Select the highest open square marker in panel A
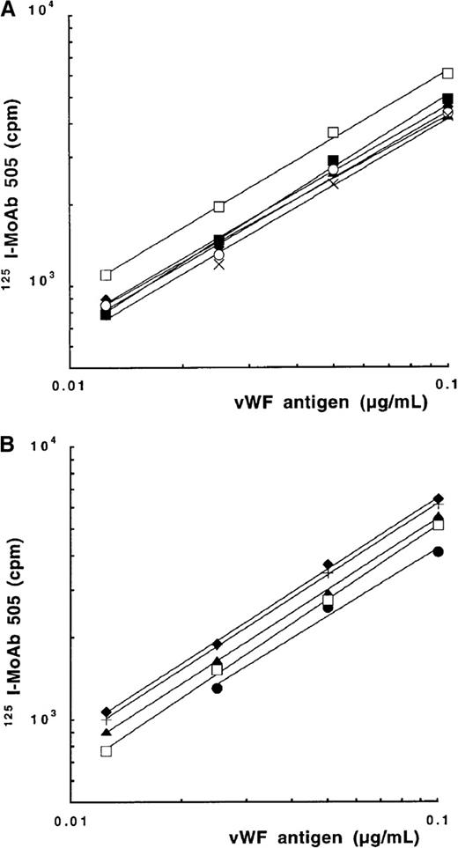coord(447,73)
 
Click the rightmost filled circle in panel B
coord(438,551)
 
